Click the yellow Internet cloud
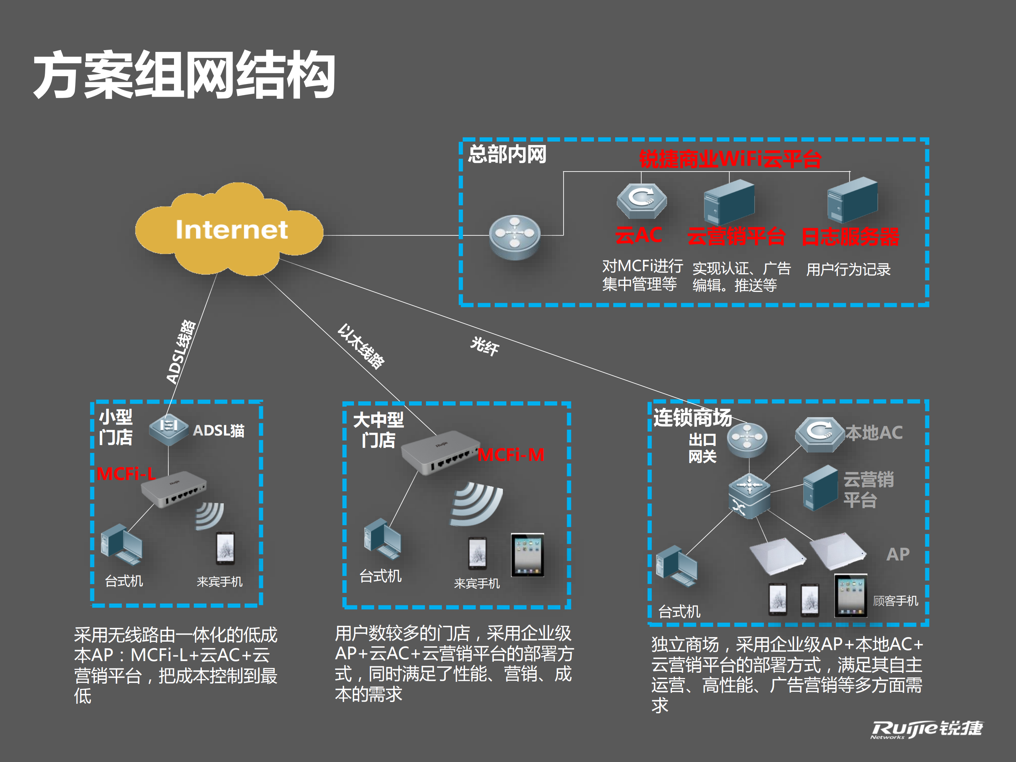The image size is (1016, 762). coord(230,230)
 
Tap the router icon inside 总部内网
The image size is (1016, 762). coord(515,236)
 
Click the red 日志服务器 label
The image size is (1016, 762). coord(850,236)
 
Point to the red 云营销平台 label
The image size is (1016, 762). coord(736,236)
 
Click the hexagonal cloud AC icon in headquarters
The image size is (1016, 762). coord(641,201)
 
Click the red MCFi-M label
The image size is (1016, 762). coord(511,455)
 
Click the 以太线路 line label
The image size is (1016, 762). coord(361,347)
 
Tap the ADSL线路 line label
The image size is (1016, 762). coord(181,352)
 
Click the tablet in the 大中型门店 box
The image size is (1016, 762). coord(527,555)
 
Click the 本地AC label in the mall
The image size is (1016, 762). coord(874,433)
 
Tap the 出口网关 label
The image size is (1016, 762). coord(702,448)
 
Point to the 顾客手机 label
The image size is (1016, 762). coord(895,601)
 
